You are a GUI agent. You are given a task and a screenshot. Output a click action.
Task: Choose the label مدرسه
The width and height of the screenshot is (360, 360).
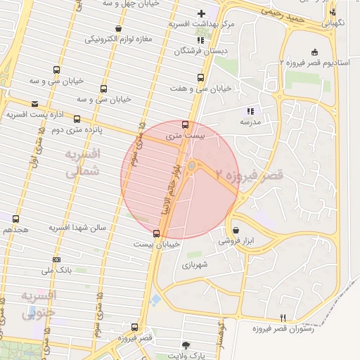coord(250,122)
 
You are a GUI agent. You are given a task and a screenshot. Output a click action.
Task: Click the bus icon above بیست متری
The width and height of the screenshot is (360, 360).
coord(185,124)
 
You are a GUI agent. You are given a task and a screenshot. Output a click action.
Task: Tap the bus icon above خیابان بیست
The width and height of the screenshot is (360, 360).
coord(156,233)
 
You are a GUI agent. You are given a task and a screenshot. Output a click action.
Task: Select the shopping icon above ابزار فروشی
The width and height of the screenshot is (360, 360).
coord(235,230)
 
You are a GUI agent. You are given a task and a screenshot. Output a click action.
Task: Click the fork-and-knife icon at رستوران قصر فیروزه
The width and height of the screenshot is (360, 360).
coord(283,318)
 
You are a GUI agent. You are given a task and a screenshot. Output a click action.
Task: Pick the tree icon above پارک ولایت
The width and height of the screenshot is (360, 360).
coord(186,345)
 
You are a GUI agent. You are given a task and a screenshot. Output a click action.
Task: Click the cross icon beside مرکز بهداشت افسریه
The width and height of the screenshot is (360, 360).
coord(202,13)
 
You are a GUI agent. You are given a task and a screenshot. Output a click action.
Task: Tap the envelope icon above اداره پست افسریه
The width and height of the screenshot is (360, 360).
coord(34,104)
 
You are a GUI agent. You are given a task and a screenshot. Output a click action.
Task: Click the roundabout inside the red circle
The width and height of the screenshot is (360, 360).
coord(192,166)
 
